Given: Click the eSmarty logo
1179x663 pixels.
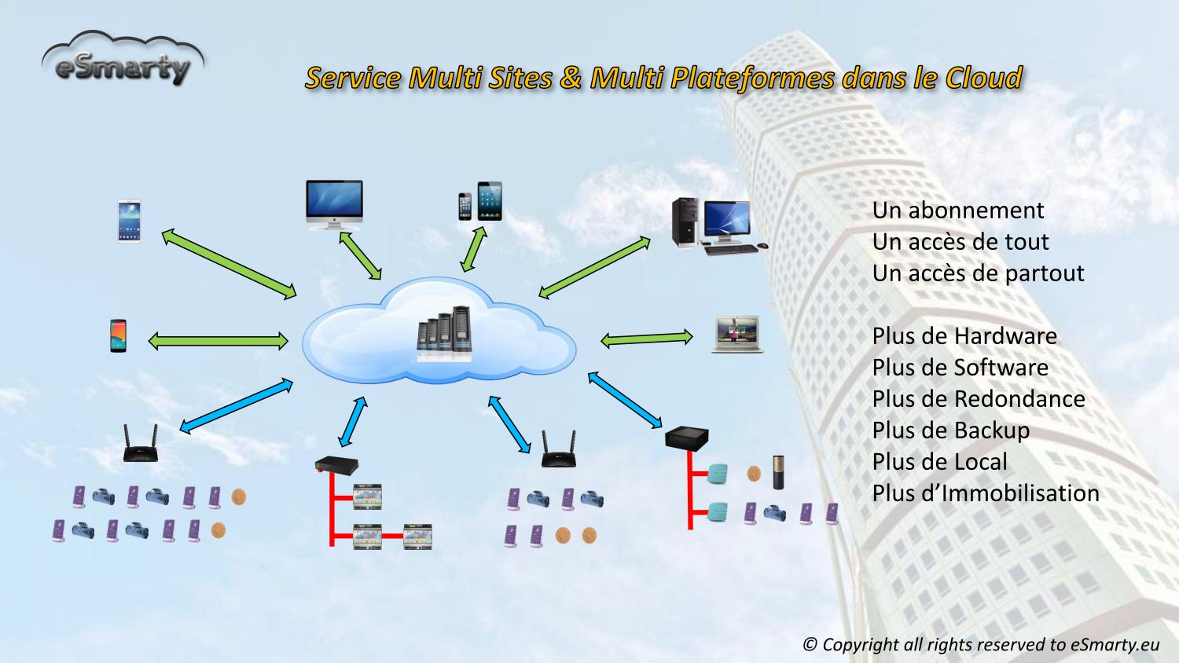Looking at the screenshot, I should pos(123,60).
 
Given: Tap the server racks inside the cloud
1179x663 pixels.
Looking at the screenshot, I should pos(444,333).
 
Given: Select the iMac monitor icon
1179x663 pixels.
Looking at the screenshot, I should pos(334,204).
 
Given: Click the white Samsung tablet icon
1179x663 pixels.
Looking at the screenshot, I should pos(130,221).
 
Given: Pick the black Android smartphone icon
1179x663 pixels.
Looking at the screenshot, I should pos(118,335).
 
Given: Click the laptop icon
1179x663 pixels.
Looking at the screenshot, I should pos(736,334).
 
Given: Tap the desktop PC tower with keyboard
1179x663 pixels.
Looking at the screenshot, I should pos(715,225).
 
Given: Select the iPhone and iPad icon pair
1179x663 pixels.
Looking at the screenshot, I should pos(480,202).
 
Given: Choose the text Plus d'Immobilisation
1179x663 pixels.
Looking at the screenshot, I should pos(986,493).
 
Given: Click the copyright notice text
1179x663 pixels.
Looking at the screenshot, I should pos(980,645).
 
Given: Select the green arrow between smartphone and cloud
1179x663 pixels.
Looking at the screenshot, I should pos(218,341).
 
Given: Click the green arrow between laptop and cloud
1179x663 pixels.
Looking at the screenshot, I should pos(646,339).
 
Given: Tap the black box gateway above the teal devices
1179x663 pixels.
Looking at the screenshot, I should pos(686,437).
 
